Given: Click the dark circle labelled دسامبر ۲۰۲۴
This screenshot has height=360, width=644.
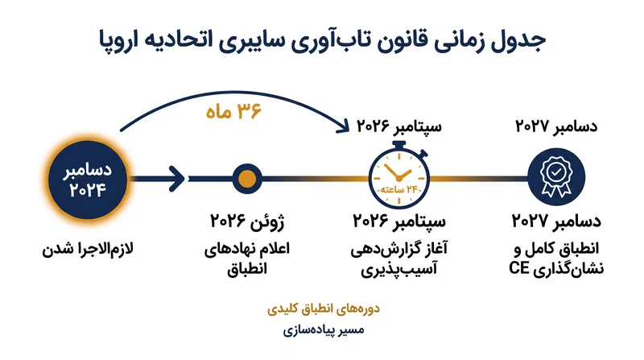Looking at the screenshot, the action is click(88, 180).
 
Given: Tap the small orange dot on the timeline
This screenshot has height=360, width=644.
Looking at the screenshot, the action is click(247, 179).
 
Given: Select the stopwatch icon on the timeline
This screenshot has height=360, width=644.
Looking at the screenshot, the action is click(399, 176).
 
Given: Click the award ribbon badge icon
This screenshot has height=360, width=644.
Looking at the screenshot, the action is click(556, 177).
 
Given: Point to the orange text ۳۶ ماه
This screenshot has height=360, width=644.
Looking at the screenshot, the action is click(233, 111).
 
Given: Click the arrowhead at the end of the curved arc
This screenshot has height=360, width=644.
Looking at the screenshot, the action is click(344, 126).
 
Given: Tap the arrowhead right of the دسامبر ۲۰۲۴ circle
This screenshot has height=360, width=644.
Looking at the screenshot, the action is click(177, 179).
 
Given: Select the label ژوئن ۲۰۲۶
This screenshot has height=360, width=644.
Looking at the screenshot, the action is click(247, 221).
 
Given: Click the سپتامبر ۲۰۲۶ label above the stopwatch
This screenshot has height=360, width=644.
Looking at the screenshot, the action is click(398, 126).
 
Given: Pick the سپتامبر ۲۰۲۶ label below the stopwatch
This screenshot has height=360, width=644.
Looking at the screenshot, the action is click(399, 221).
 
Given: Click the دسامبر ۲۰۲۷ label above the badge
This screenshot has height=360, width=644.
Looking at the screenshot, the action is click(556, 126).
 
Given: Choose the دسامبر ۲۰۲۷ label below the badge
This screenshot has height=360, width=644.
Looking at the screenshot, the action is click(556, 221).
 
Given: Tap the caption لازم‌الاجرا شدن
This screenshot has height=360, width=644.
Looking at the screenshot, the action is click(88, 249).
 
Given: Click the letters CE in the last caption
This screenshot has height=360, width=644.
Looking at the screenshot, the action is click(519, 268).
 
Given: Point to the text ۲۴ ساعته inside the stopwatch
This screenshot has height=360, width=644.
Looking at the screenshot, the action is click(398, 189).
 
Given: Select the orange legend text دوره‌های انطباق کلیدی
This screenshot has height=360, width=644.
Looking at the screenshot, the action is click(324, 309).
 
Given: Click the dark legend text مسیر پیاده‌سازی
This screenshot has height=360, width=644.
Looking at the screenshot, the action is click(324, 330).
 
